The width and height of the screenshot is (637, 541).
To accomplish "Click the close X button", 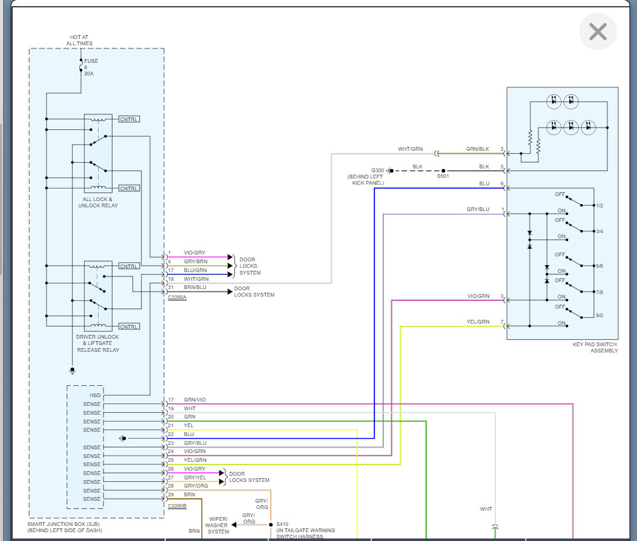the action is [x=597, y=31].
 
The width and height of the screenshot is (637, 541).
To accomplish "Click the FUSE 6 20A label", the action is [x=90, y=67].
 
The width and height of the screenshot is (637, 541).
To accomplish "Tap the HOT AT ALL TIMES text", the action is [x=79, y=40].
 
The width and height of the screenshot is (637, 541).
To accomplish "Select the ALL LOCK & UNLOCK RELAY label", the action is [x=98, y=202].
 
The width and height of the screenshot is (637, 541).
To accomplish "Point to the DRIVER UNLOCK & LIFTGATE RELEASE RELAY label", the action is [x=97, y=343].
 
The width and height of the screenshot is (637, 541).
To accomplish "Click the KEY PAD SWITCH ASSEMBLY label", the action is [x=595, y=347].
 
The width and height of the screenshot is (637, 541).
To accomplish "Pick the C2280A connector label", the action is [x=177, y=297].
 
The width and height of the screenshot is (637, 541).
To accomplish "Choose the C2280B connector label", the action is [x=177, y=506].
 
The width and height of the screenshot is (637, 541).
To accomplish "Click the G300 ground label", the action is [x=378, y=170].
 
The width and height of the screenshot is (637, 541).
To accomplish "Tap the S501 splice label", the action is [x=443, y=176].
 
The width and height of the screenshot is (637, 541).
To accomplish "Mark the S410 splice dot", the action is [x=271, y=524].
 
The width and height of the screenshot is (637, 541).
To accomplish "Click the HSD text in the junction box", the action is [x=95, y=395].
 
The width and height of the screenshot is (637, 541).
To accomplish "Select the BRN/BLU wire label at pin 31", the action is [x=195, y=287].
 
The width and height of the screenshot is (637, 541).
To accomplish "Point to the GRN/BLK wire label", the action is [x=477, y=149].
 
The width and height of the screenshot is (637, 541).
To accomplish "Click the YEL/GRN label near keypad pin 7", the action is [x=477, y=322].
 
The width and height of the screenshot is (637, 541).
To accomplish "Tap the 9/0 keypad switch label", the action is [x=599, y=315].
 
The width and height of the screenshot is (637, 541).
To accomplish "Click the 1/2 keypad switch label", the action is [x=599, y=205].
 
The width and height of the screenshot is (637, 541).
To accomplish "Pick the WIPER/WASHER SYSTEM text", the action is [x=218, y=525].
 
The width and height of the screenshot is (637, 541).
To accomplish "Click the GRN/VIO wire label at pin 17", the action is [x=195, y=400].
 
